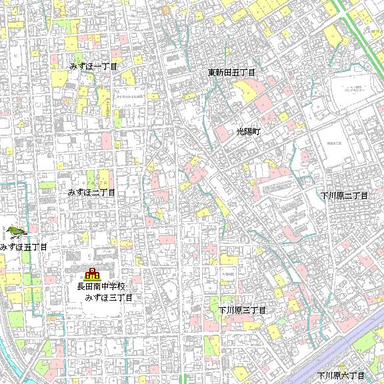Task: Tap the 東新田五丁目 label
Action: (232, 72)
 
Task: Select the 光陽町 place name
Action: (250, 133)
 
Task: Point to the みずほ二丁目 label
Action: (92, 192)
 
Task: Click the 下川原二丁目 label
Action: (344, 195)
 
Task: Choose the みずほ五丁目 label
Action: (24, 247)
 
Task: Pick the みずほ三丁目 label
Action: (109, 297)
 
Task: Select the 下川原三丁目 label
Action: (243, 311)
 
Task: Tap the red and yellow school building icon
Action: (91, 273)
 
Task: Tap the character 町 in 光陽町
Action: (258, 133)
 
